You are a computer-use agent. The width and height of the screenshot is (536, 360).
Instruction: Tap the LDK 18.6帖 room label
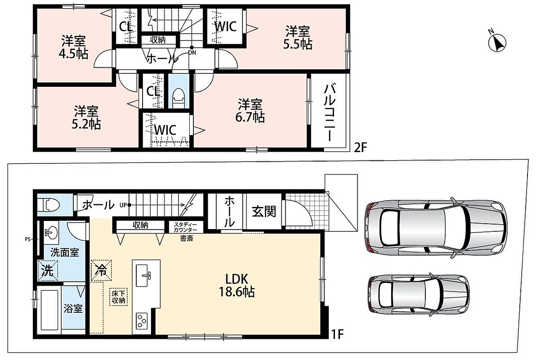tap(237, 285)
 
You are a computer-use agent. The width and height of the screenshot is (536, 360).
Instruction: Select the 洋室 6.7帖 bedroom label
tap(250, 110)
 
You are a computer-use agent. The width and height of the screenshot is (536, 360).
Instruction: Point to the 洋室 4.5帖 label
tap(73, 47)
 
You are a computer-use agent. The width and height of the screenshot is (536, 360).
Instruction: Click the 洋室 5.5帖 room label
tap(297, 38)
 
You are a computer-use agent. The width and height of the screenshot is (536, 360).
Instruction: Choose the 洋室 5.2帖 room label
tap(86, 117)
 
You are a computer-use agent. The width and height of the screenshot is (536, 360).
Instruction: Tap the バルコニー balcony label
tap(330, 112)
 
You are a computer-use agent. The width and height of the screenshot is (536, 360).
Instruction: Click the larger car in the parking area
tap(436, 226)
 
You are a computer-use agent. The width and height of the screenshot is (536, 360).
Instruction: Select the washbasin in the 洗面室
tap(51, 233)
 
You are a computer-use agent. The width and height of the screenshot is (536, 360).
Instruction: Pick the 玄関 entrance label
tap(264, 211)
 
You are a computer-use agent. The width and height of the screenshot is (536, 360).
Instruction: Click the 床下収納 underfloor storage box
tap(119, 297)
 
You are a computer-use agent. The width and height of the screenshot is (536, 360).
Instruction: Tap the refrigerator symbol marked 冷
tap(101, 270)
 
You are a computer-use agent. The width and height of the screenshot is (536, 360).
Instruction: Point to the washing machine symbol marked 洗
tap(48, 270)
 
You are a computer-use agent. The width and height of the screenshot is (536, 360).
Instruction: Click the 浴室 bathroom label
tap(73, 308)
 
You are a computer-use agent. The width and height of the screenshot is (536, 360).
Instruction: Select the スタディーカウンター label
tap(185, 227)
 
